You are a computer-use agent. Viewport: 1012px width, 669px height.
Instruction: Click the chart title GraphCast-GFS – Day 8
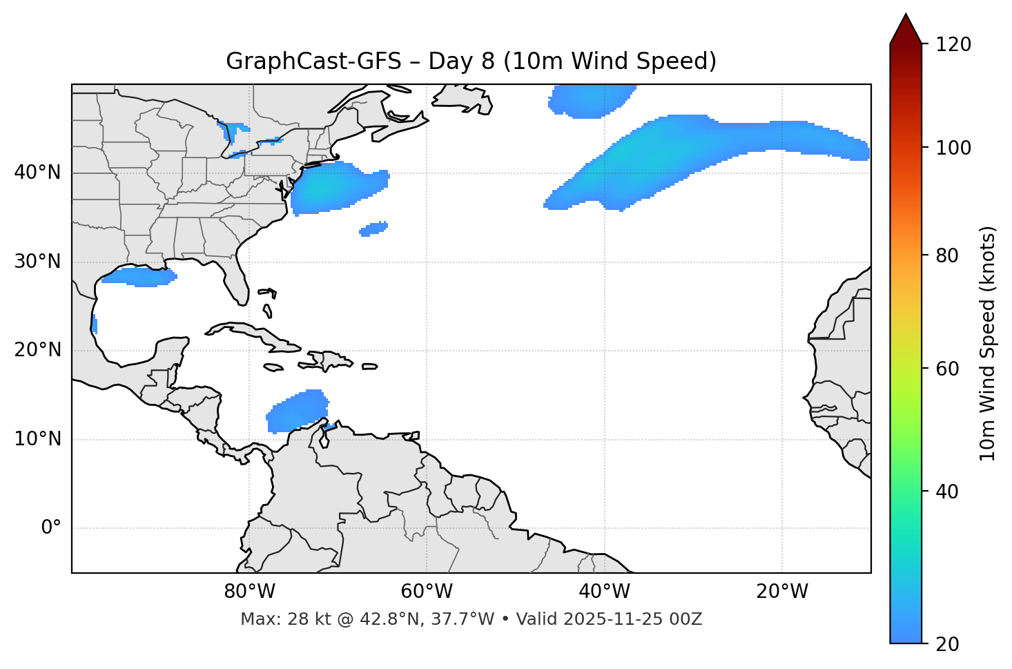pos(471,61)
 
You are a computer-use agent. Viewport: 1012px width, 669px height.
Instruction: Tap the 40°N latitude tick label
pos(37,173)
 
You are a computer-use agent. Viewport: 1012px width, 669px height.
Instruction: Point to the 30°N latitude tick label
pos(37,262)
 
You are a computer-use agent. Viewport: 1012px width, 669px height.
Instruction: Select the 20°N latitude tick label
pos(37,350)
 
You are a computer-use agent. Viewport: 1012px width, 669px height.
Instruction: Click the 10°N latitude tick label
pos(37,439)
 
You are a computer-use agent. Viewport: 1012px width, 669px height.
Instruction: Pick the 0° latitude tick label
pos(51,528)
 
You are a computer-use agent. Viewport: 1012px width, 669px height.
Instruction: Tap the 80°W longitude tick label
pos(249,592)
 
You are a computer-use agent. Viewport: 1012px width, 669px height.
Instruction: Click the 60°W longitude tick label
pos(427,592)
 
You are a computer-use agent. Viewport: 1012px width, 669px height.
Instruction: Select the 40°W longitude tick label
pos(604,592)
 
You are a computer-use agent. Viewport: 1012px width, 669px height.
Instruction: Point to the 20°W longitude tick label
pos(782,592)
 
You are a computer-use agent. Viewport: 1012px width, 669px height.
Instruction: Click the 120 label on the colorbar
pos(953,45)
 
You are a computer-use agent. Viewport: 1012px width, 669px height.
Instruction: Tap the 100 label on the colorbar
pos(953,148)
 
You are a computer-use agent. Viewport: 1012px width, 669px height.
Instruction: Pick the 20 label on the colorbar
pos(948,644)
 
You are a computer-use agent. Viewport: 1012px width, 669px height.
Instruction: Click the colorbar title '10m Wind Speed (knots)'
pos(988,343)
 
